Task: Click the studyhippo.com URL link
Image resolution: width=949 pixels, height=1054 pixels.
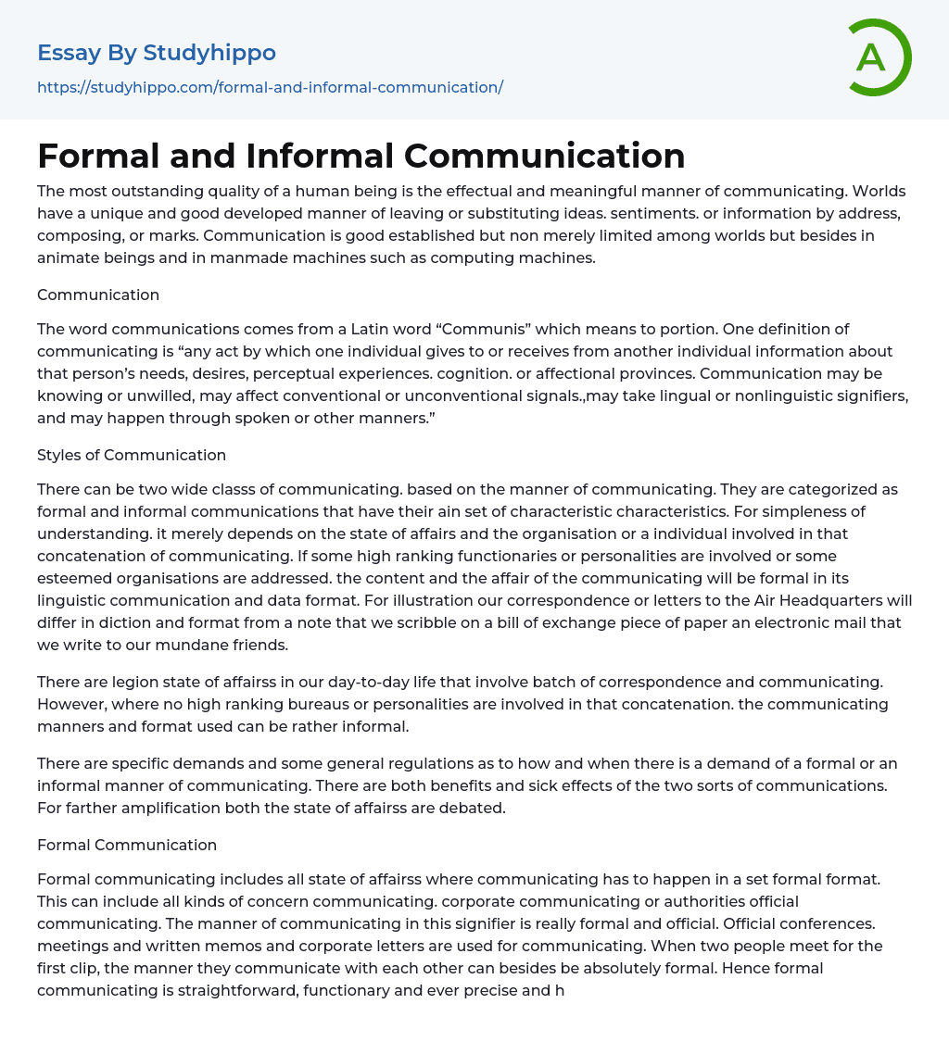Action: click(x=270, y=87)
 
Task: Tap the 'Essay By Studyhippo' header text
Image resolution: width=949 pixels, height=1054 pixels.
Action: click(x=157, y=53)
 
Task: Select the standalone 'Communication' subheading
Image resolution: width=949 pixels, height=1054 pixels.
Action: click(x=98, y=295)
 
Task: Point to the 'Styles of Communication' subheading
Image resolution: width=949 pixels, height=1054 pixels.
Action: click(x=132, y=455)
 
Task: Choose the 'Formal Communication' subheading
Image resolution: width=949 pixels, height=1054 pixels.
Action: click(x=127, y=845)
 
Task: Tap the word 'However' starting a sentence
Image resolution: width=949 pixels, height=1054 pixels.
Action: click(x=67, y=704)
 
